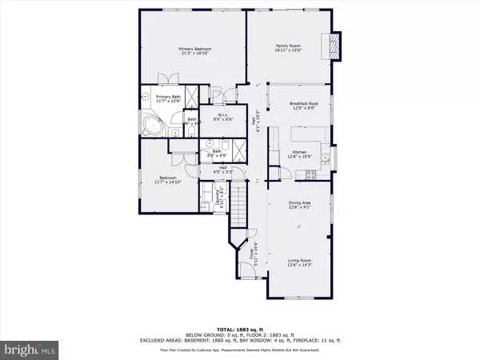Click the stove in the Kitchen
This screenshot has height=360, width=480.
pyautogui.click(x=313, y=174)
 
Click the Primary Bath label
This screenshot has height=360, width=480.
pyautogui.click(x=158, y=97)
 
